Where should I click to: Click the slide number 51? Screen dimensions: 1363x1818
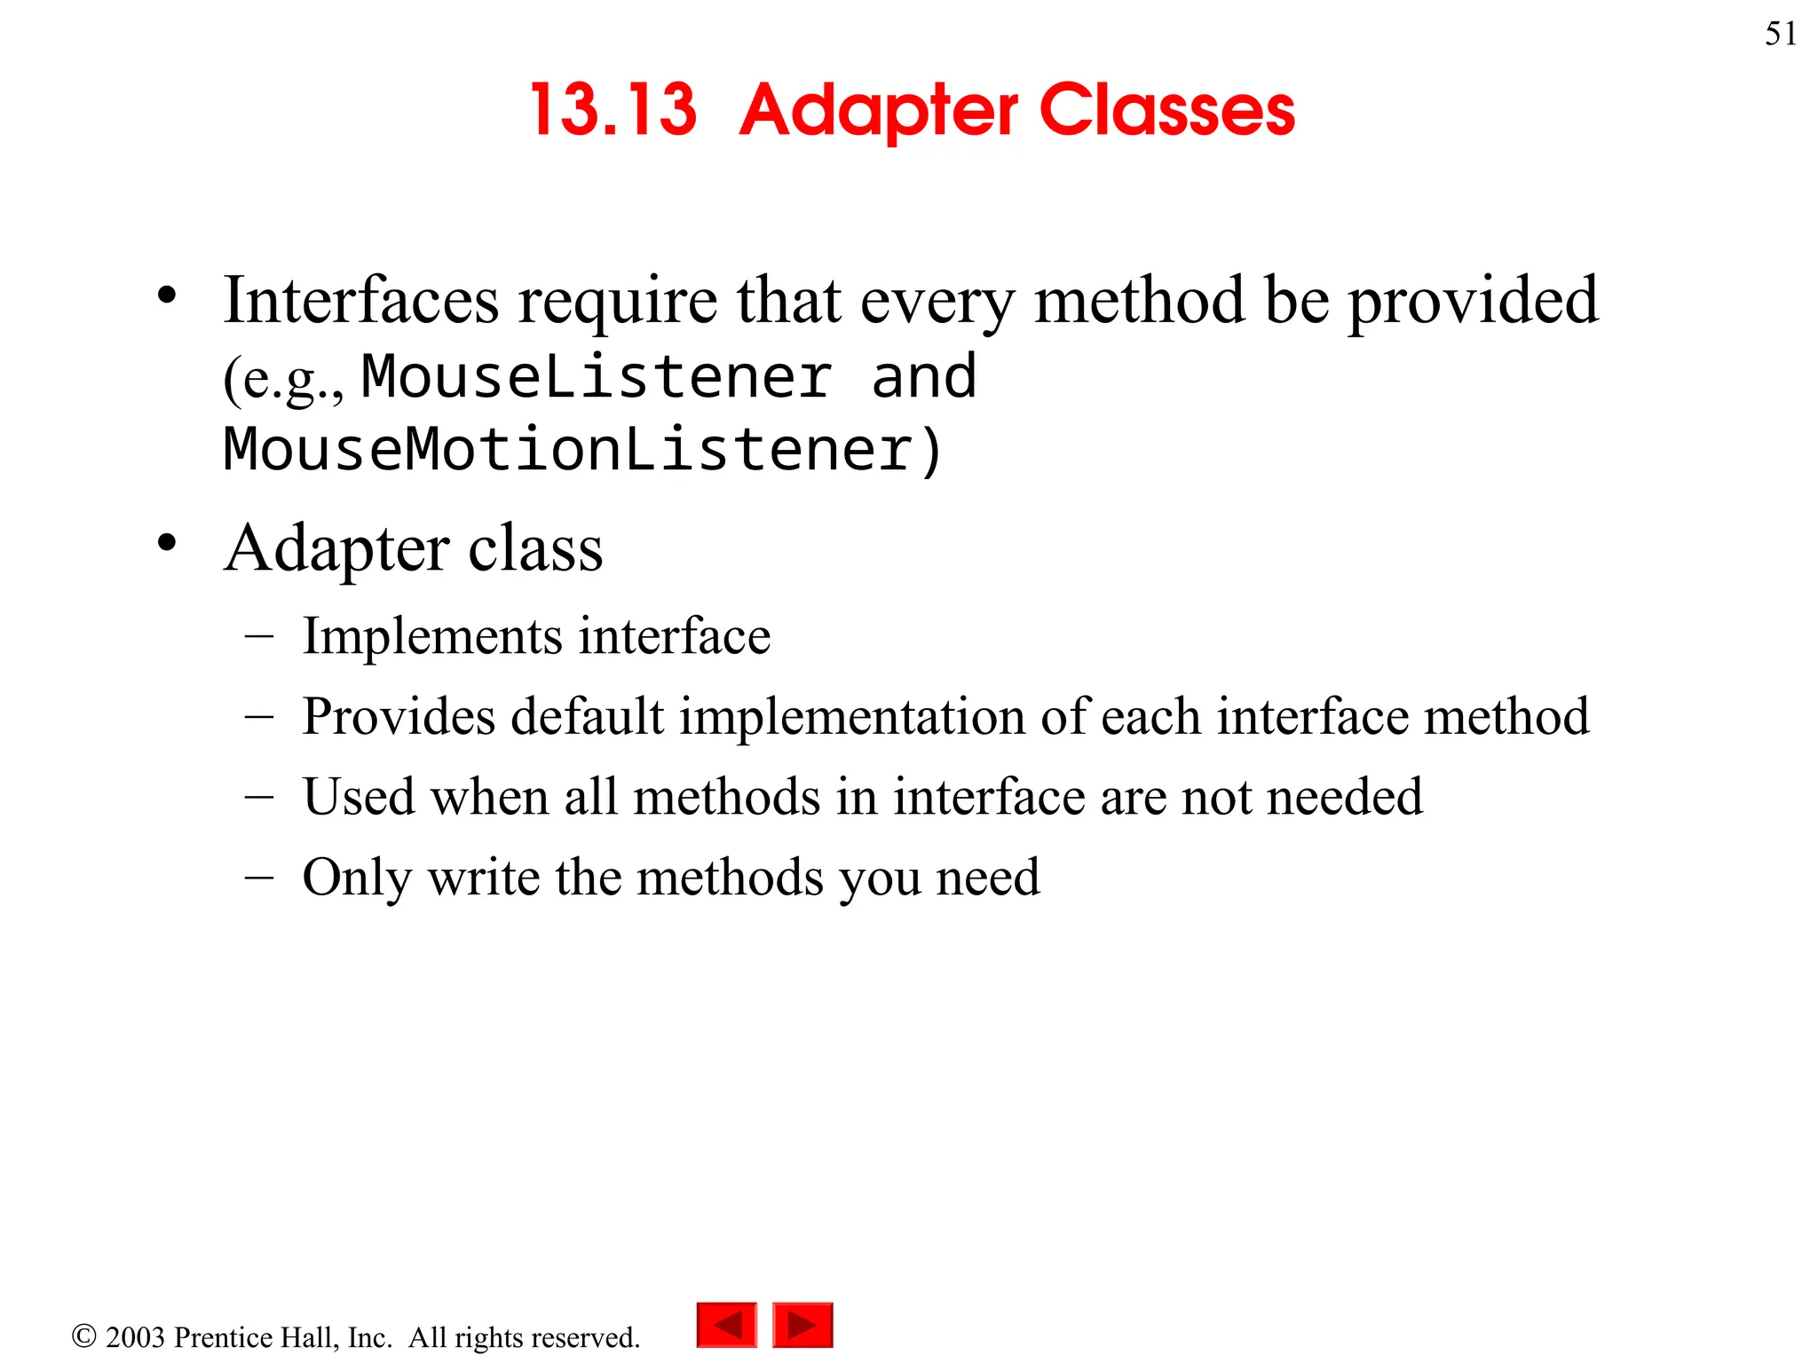click(x=1781, y=34)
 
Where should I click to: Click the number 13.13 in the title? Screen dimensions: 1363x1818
click(x=613, y=110)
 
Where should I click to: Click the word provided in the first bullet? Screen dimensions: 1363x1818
click(x=1474, y=302)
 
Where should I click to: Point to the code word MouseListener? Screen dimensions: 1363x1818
click(x=597, y=376)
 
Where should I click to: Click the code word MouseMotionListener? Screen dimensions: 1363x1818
click(x=568, y=449)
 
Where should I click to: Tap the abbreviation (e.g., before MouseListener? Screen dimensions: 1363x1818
click(x=283, y=380)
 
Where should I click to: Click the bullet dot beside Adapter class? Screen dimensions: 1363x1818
click(x=167, y=542)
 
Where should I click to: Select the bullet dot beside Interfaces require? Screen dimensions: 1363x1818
click(x=167, y=295)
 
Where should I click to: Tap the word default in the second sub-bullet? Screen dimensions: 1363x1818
click(x=587, y=716)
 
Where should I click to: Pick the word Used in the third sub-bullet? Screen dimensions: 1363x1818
click(x=359, y=796)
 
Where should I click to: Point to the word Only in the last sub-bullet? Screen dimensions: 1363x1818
click(x=357, y=878)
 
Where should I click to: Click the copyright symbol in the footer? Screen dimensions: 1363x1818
click(x=83, y=1335)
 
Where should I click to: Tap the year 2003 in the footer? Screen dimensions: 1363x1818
click(x=135, y=1337)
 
